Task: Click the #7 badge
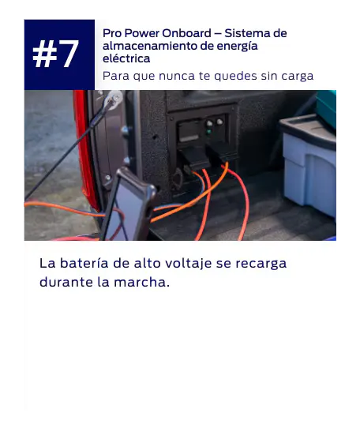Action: coord(59,54)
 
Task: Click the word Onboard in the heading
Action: coord(186,33)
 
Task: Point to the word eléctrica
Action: coord(126,58)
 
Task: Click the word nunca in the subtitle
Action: coord(176,76)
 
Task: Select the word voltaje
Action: coord(188,264)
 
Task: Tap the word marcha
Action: coord(141,282)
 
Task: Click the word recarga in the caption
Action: coord(261,264)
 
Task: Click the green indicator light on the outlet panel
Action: coord(208,132)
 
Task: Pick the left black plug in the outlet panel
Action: coord(193,157)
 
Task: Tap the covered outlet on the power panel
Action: coord(189,132)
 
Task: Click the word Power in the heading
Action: coord(142,33)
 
